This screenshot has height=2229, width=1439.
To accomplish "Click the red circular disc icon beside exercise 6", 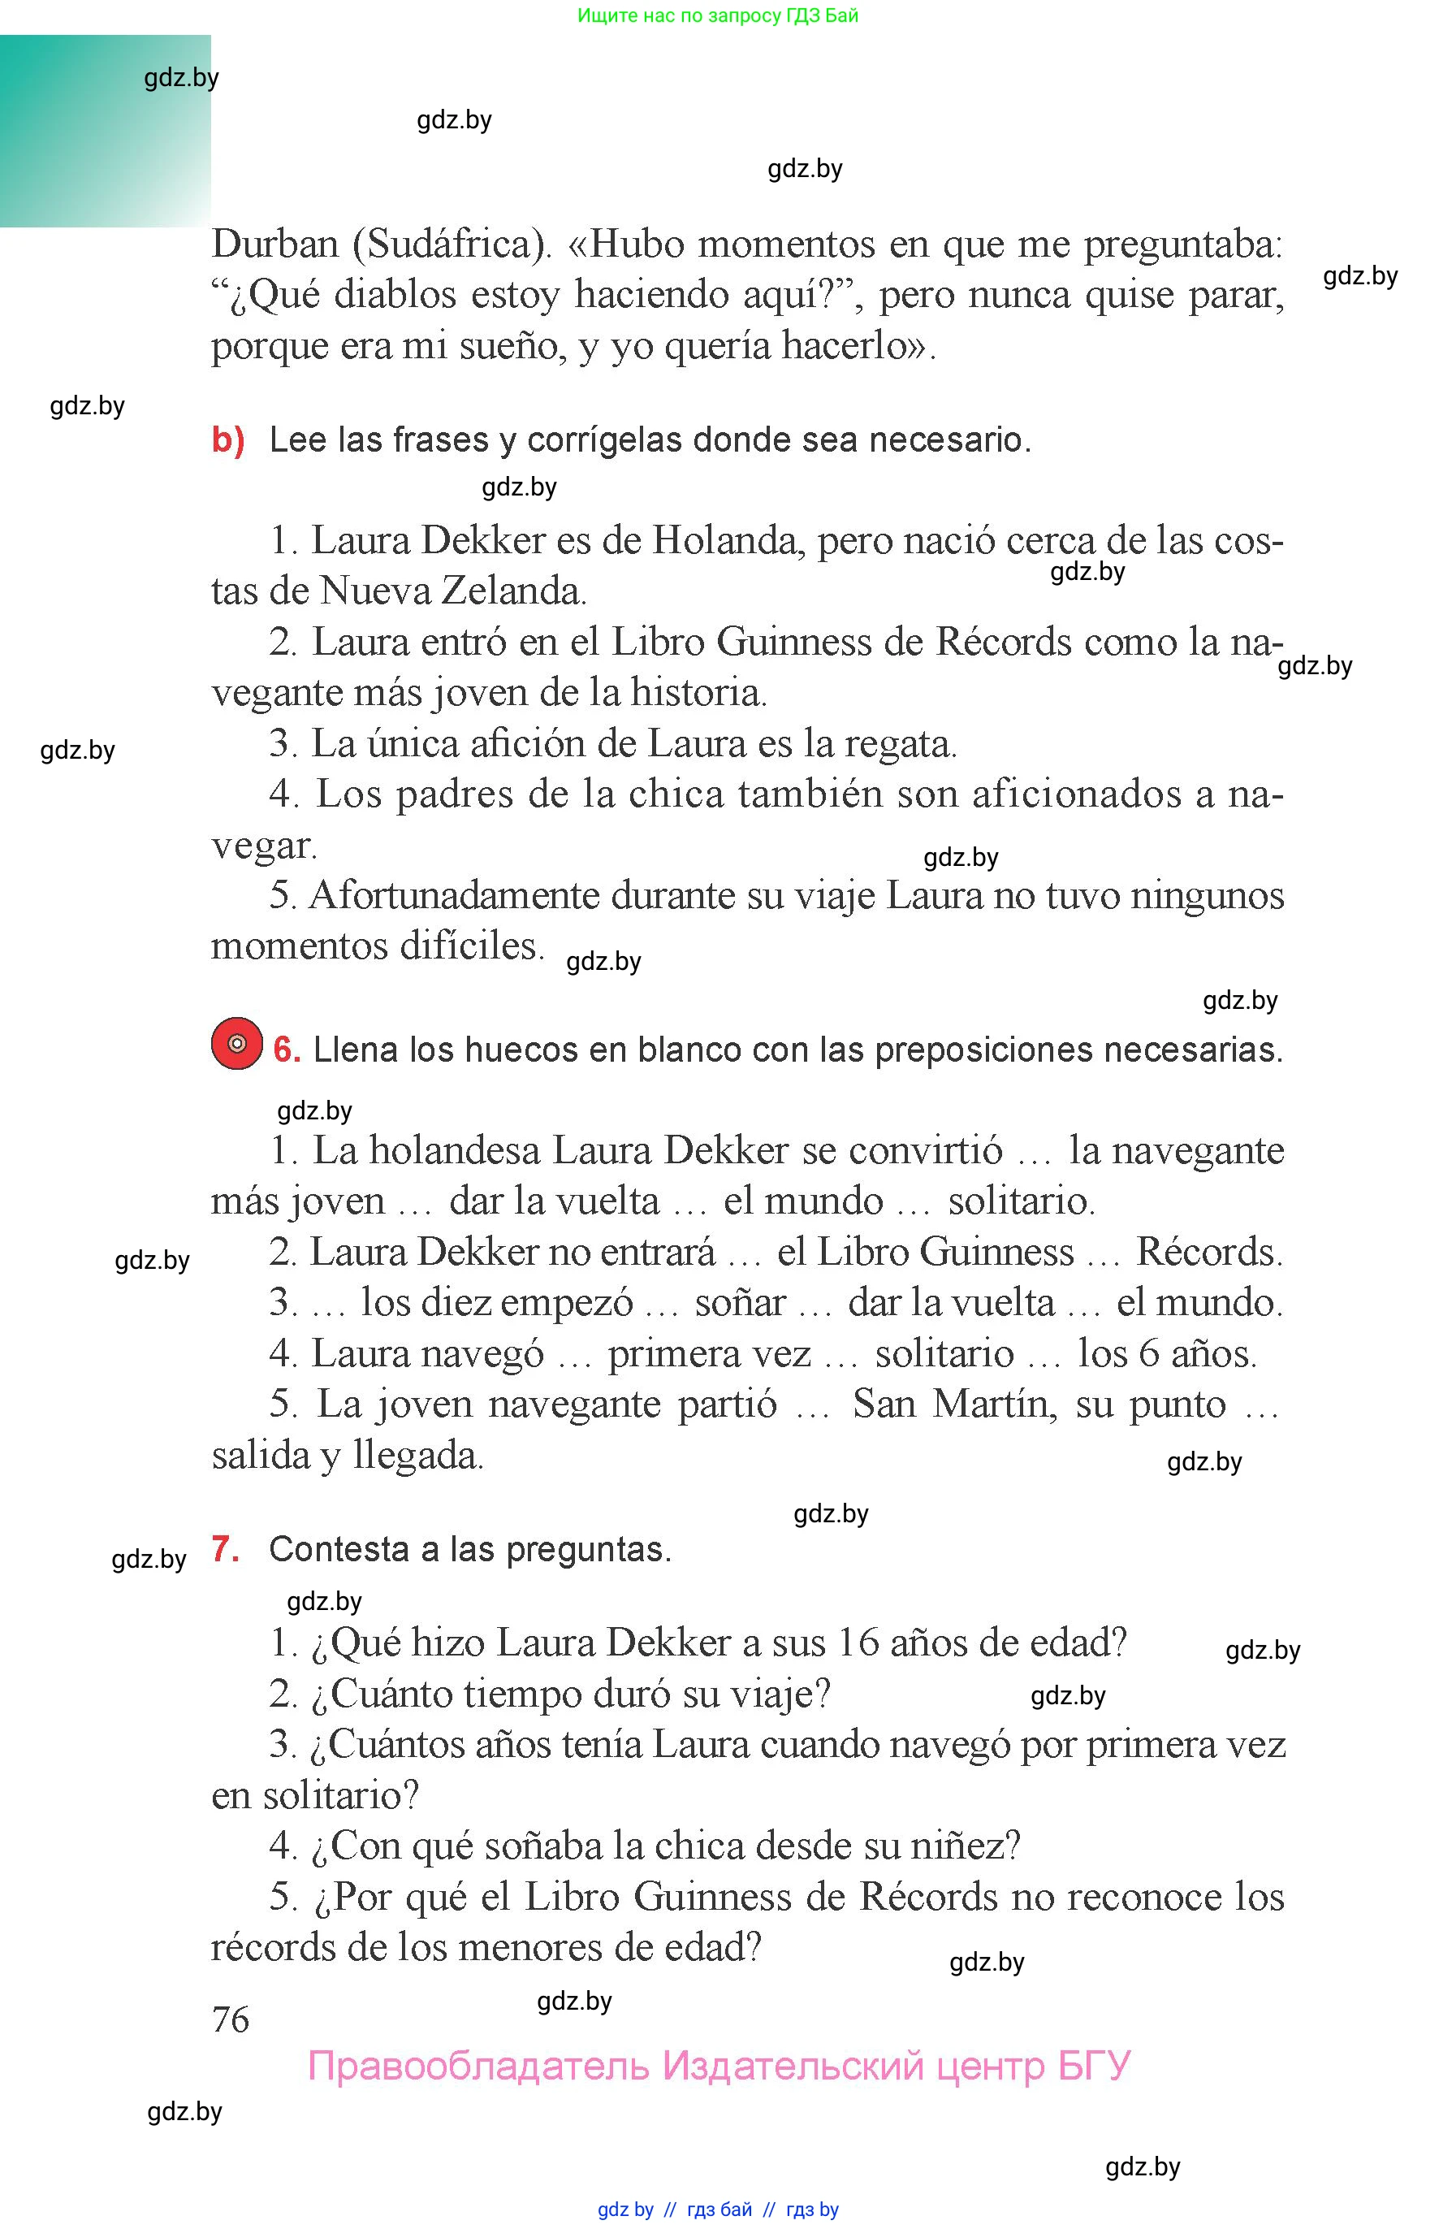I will pyautogui.click(x=236, y=1043).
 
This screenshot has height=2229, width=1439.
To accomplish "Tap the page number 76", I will pyautogui.click(x=231, y=2019).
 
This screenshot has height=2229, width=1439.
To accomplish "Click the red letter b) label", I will pyautogui.click(x=228, y=439).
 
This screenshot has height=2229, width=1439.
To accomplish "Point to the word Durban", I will pyautogui.click(x=274, y=245).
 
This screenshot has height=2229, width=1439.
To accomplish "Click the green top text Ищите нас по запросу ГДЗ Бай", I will pyautogui.click(x=718, y=15).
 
